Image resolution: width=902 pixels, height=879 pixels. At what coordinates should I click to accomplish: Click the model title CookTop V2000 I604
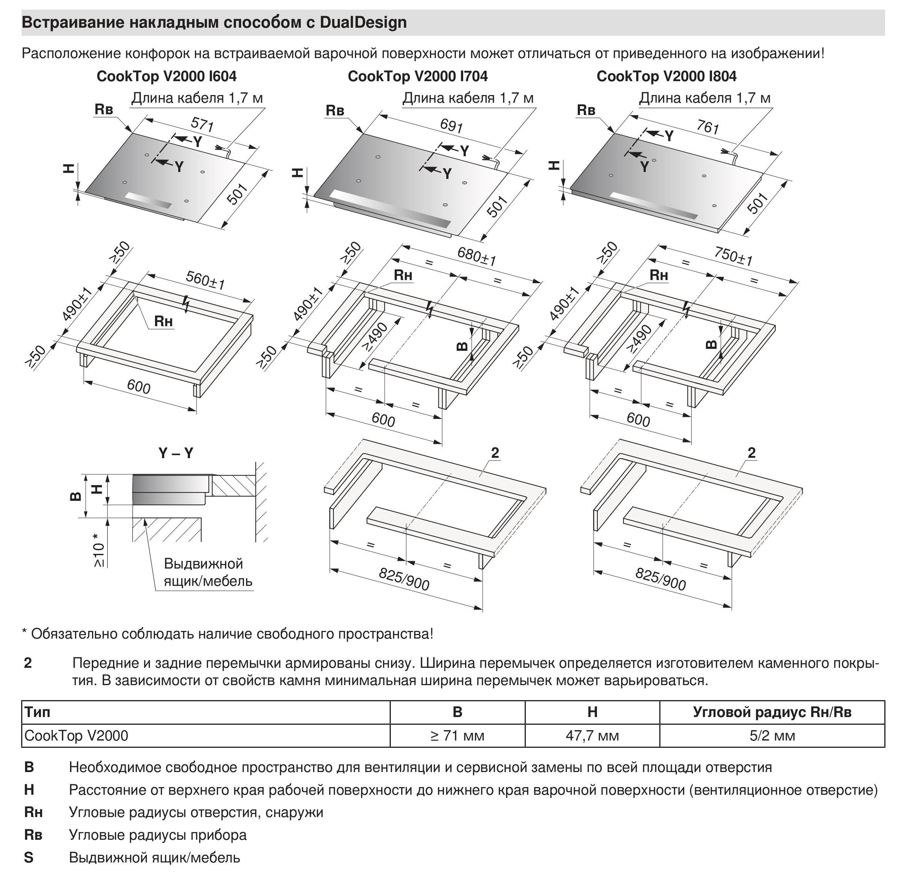coord(166,76)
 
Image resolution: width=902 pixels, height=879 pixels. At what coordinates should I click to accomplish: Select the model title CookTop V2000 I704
coord(417,76)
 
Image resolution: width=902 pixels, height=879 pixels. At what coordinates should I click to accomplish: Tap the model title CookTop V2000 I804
coord(666,76)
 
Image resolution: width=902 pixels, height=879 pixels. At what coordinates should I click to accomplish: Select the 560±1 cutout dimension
coord(205,280)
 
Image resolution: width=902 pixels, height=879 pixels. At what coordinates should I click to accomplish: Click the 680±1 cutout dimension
coord(477,256)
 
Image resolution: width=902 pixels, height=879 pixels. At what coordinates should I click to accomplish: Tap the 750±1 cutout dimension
coord(733,256)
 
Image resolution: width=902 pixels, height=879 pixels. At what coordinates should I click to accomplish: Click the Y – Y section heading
coord(176,454)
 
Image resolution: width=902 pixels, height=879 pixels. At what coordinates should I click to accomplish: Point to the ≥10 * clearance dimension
coord(98,550)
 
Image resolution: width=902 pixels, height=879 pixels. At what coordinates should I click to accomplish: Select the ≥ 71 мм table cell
coord(457,736)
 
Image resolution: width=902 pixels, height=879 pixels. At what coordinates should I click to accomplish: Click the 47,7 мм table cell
coord(592,736)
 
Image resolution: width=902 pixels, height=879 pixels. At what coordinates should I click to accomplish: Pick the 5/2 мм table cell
coord(772,736)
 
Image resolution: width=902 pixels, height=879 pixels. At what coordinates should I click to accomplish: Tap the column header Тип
coord(37,712)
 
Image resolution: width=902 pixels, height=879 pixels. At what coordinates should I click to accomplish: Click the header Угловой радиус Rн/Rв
coord(772,712)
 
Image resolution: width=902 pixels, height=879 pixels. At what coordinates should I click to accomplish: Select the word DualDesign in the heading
coord(363,22)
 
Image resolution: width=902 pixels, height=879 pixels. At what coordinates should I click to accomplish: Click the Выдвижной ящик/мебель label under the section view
coord(208,572)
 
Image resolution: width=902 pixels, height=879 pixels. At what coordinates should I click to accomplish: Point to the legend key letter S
coord(28,857)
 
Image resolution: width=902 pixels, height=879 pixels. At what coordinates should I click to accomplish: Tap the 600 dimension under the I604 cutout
coord(138,386)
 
